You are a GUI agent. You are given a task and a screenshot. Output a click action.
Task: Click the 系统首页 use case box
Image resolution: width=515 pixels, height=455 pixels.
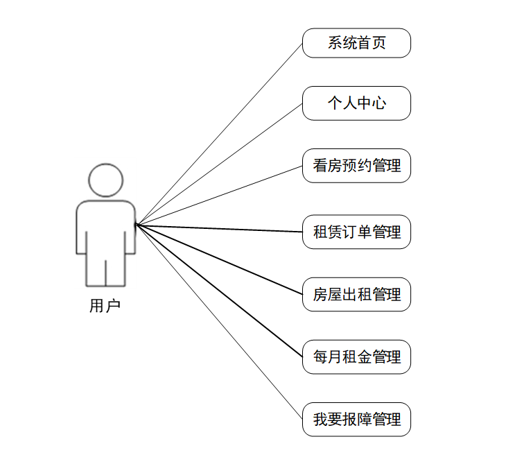pyautogui.click(x=356, y=43)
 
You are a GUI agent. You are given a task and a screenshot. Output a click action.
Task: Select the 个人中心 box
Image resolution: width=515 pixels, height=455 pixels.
pyautogui.click(x=356, y=103)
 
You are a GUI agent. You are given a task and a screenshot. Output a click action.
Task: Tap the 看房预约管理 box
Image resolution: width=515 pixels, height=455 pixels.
pyautogui.click(x=356, y=166)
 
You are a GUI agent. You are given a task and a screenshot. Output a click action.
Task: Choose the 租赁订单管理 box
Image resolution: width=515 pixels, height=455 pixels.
pyautogui.click(x=356, y=232)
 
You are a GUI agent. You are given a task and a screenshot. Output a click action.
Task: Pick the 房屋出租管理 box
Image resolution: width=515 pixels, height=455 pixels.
pyautogui.click(x=356, y=294)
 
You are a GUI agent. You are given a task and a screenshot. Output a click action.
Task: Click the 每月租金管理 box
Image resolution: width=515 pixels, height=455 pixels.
pyautogui.click(x=356, y=357)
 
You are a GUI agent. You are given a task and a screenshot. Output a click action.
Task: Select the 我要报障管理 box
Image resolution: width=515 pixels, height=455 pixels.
pyautogui.click(x=356, y=420)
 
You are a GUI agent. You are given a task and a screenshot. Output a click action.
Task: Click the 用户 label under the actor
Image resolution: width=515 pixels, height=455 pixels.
pyautogui.click(x=105, y=306)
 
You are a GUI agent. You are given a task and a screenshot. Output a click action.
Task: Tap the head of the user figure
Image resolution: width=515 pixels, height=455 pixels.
pyautogui.click(x=105, y=180)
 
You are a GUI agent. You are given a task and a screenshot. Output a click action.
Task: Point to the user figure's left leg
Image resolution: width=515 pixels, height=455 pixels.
pyautogui.click(x=95, y=271)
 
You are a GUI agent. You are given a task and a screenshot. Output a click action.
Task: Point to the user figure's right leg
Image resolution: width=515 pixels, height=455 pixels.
pyautogui.click(x=116, y=271)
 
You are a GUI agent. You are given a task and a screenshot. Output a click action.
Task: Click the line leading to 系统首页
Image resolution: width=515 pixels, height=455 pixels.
pyautogui.click(x=219, y=134)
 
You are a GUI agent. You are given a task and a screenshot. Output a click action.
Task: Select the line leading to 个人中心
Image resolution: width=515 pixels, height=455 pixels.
pyautogui.click(x=219, y=164)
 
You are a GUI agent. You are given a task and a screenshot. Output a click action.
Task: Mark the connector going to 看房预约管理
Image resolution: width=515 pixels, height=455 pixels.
pyautogui.click(x=219, y=195)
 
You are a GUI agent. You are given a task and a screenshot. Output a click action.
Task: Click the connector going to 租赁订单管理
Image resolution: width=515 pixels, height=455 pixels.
pyautogui.click(x=219, y=228)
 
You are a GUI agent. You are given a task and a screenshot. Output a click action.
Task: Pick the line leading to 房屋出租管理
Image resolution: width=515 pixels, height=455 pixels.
pyautogui.click(x=219, y=259)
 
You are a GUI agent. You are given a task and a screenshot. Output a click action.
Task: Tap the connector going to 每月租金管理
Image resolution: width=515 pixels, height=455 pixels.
pyautogui.click(x=219, y=291)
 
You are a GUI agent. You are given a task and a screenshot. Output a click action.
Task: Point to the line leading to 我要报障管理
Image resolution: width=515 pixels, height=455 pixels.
pyautogui.click(x=219, y=322)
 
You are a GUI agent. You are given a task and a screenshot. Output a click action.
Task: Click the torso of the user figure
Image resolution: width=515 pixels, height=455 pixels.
pyautogui.click(x=105, y=225)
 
